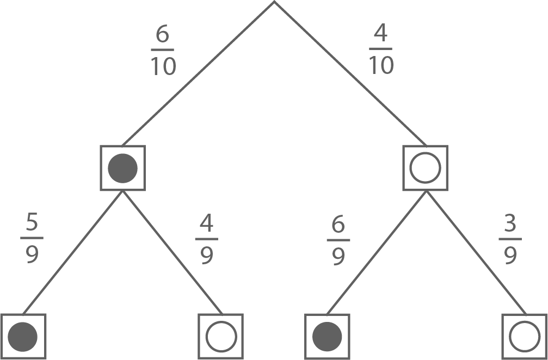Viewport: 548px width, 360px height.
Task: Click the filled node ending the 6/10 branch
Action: (122, 168)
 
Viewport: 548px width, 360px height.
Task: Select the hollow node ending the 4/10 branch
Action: (425, 168)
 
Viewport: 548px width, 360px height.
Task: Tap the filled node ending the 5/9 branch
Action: (23, 337)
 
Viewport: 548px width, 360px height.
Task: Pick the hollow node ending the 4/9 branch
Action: (221, 337)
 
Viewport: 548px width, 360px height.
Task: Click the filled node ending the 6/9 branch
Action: (327, 337)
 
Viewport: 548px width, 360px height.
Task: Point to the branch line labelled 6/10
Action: (199, 73)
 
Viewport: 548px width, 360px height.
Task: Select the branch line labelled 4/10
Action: (349, 73)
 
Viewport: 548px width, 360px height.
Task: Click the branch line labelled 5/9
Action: (72, 252)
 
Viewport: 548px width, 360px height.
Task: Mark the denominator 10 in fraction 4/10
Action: (381, 65)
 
